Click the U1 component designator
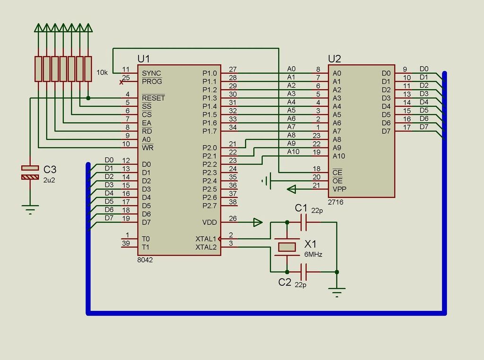click(x=144, y=59)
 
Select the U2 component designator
click(x=335, y=59)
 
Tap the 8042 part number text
click(x=145, y=259)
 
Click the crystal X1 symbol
click(x=287, y=247)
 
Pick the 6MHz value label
click(x=313, y=255)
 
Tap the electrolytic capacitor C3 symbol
click(x=30, y=172)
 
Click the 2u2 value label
click(x=49, y=180)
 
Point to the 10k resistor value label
click(x=102, y=73)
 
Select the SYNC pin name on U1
click(x=151, y=73)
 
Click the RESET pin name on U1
click(x=153, y=98)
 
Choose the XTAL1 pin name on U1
click(x=206, y=239)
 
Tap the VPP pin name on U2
click(x=338, y=189)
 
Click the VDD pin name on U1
click(x=209, y=222)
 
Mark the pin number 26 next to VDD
click(x=233, y=218)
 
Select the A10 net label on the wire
click(x=293, y=152)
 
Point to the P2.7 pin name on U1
click(x=209, y=206)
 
